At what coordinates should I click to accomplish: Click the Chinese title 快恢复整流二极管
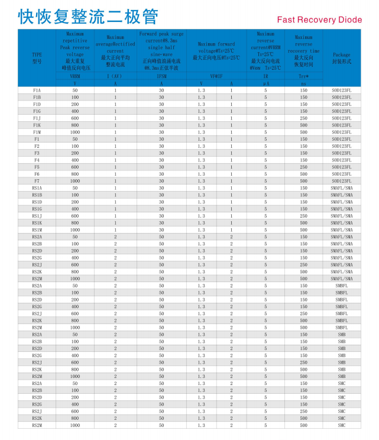click(x=88, y=17)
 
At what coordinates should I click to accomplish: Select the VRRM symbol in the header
click(x=75, y=76)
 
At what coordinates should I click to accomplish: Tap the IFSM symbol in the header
click(x=161, y=76)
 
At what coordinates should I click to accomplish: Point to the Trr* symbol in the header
click(x=304, y=76)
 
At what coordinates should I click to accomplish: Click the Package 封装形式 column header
click(x=341, y=57)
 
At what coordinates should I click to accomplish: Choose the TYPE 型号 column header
click(x=37, y=57)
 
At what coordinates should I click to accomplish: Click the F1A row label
click(x=37, y=90)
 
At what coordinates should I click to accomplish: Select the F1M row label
click(x=37, y=132)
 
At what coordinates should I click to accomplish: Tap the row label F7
click(x=37, y=181)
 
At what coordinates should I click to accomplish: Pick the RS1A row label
click(x=37, y=188)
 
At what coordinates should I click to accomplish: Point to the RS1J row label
click(x=37, y=216)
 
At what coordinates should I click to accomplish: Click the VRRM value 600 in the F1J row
click(x=75, y=118)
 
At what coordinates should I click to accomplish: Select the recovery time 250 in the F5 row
click(x=304, y=167)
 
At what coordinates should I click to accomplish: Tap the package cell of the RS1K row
click(x=341, y=223)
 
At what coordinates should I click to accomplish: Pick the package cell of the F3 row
click(x=341, y=153)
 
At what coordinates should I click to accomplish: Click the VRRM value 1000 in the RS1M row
click(x=75, y=230)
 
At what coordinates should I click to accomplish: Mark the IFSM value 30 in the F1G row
click(x=161, y=111)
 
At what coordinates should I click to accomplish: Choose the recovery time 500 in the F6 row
click(x=304, y=174)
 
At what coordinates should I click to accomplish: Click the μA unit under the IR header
click(x=266, y=83)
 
